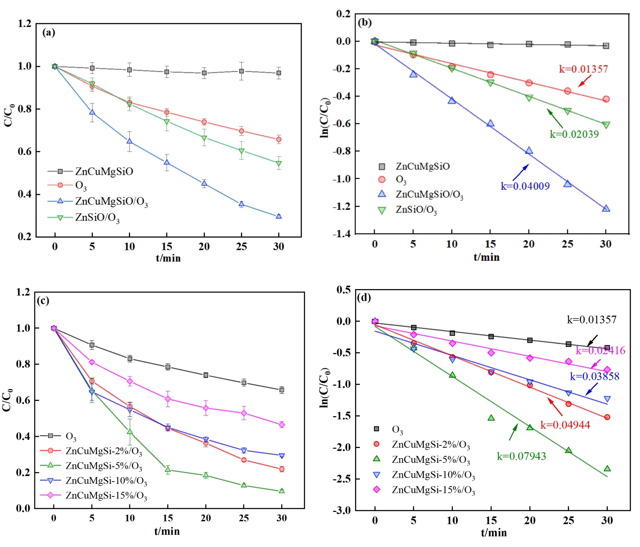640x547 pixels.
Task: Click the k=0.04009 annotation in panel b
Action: click(525, 186)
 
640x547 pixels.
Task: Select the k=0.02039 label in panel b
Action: click(574, 134)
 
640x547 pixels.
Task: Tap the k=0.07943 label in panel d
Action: click(521, 456)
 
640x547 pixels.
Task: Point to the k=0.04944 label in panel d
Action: click(565, 425)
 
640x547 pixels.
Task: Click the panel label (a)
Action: click(49, 33)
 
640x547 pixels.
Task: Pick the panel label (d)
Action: click(364, 297)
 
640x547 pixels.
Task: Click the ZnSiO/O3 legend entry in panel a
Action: click(83, 218)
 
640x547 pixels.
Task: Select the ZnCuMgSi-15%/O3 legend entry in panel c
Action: click(94, 495)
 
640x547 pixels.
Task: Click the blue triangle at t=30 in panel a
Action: click(279, 216)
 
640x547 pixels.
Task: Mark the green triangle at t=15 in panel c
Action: click(168, 469)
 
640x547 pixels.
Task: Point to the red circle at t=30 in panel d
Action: click(607, 417)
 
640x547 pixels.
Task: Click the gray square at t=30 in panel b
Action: click(606, 46)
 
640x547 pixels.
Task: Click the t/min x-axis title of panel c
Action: click(167, 531)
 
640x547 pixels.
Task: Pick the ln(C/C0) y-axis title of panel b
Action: click(325, 118)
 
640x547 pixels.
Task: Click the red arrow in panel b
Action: click(585, 81)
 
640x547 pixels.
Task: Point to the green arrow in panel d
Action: click(513, 432)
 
